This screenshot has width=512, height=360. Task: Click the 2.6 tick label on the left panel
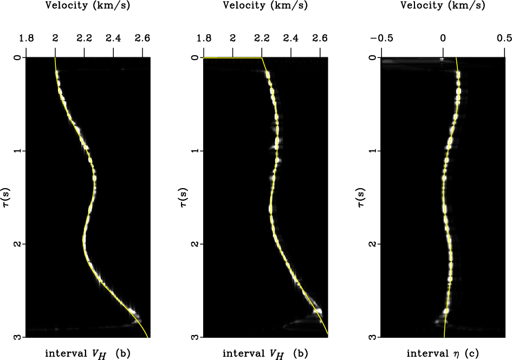point(142,38)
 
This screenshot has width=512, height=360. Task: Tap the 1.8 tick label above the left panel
point(26,38)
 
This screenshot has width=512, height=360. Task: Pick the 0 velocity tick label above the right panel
point(443,38)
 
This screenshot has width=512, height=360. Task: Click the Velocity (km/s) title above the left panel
point(88,7)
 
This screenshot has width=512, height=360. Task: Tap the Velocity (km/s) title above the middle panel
point(265,7)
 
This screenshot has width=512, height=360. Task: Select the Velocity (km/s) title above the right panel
point(443,7)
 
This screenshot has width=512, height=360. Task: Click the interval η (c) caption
point(443,354)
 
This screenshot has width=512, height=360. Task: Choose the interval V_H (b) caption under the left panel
point(87,354)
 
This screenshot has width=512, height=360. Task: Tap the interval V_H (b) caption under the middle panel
point(265,354)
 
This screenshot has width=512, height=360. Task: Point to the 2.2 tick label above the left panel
point(84,38)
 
